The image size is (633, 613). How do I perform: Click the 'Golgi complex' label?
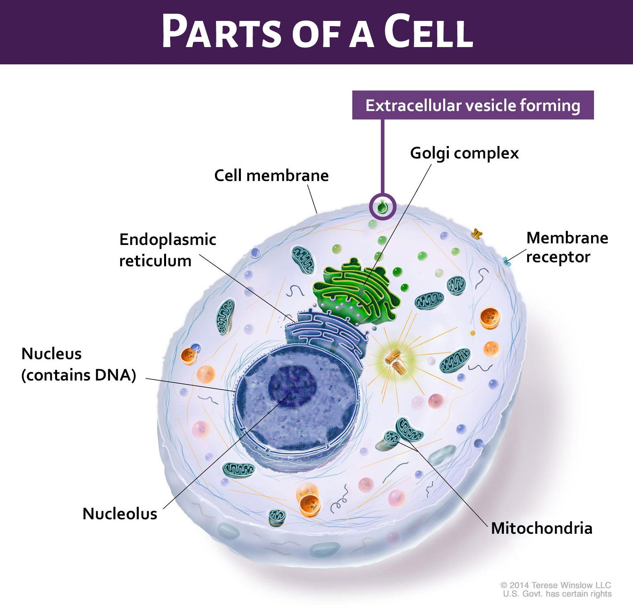coord(464,153)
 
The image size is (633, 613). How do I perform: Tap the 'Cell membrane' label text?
coord(271,176)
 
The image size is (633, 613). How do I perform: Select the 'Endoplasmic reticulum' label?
coord(167,250)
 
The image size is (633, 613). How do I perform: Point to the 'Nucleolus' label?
coord(120,514)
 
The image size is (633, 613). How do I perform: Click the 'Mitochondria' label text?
coord(542,528)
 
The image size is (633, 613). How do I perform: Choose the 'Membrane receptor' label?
coord(567,247)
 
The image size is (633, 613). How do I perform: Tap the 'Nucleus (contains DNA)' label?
coord(79,364)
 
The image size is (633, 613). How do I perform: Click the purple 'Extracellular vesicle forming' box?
coord(473,105)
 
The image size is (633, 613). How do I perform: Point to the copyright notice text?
coord(556,589)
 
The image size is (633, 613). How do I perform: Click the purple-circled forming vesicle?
coord(382,207)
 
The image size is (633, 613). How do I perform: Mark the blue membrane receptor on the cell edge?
coord(507,261)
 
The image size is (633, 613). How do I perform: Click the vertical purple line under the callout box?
coord(382,157)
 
